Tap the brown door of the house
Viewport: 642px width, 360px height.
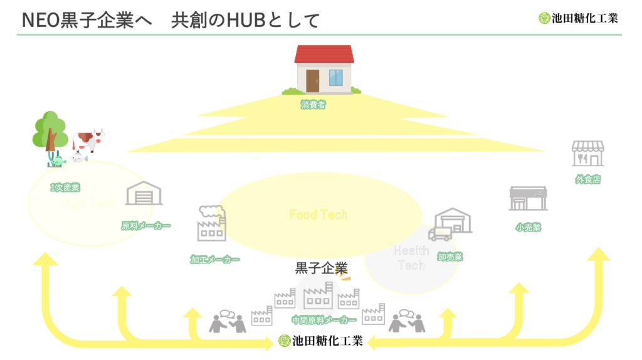pyautogui.click(x=312, y=81)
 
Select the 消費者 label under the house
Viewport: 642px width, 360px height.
pyautogui.click(x=313, y=105)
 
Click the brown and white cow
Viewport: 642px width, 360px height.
pyautogui.click(x=87, y=140)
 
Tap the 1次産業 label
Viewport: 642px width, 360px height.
pyautogui.click(x=65, y=187)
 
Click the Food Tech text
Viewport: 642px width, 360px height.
pyautogui.click(x=318, y=214)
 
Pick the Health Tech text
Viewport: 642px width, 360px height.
pyautogui.click(x=411, y=258)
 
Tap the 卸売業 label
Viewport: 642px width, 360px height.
pyautogui.click(x=450, y=257)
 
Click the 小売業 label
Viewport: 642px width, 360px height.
pyautogui.click(x=528, y=228)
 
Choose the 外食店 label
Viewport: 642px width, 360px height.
pyautogui.click(x=587, y=179)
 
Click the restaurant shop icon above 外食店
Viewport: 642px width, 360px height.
pyautogui.click(x=587, y=154)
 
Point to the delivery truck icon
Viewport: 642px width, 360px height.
pyautogui.click(x=439, y=235)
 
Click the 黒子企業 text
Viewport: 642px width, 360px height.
pyautogui.click(x=321, y=268)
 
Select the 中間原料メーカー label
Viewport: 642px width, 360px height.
pyautogui.click(x=320, y=320)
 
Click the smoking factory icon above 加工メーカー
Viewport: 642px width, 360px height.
pyautogui.click(x=212, y=223)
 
